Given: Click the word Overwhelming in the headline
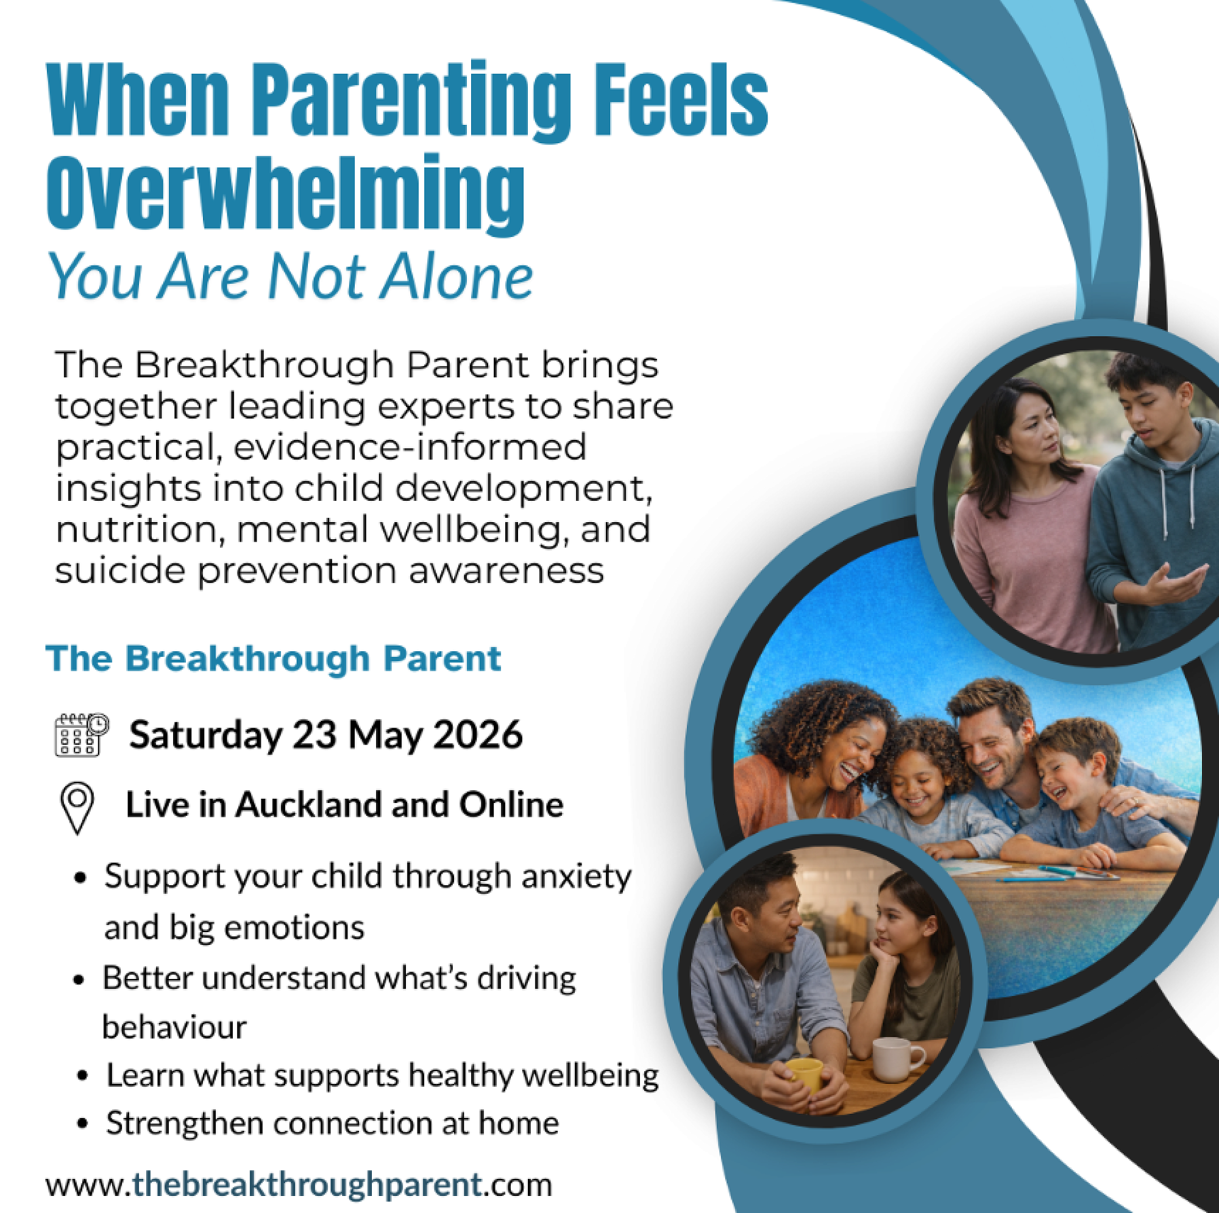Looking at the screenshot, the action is click(285, 194).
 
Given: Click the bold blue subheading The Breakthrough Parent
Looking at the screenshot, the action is click(274, 659).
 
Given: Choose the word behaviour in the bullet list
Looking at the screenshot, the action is click(174, 1028).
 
